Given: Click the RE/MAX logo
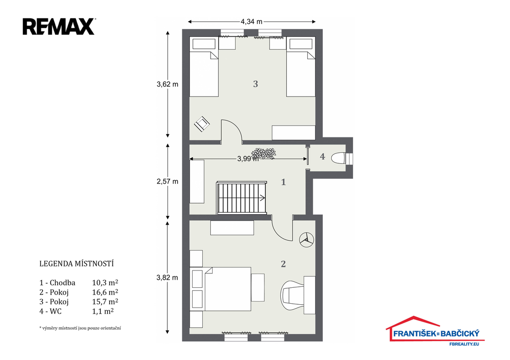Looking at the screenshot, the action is pos(59,27).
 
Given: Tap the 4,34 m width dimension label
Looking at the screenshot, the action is pos(252,22).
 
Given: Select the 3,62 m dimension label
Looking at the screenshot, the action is pos(167,84).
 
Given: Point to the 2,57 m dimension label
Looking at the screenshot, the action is pos(167,181).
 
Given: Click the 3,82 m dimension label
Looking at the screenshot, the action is pos(167,278).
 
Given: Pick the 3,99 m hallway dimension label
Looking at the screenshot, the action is pos(248,159).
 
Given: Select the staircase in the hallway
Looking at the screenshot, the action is pos(242,198).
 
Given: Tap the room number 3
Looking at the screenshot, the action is pos(255,84).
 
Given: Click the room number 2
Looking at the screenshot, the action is pos(283,264).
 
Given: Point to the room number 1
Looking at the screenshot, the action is pos(283,182).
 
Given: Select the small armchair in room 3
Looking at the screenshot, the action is pos(202,124).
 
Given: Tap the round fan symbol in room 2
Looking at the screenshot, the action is pos(306,240).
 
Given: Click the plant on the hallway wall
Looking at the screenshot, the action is pos(264,153).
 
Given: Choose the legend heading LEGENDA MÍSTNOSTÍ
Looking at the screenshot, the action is pos(76,264).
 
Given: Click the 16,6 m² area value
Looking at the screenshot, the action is pos(105,292).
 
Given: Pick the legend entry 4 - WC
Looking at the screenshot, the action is pos(50,311).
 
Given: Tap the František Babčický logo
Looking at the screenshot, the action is pos(435,331).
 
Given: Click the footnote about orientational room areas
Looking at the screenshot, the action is pos(80,328).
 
